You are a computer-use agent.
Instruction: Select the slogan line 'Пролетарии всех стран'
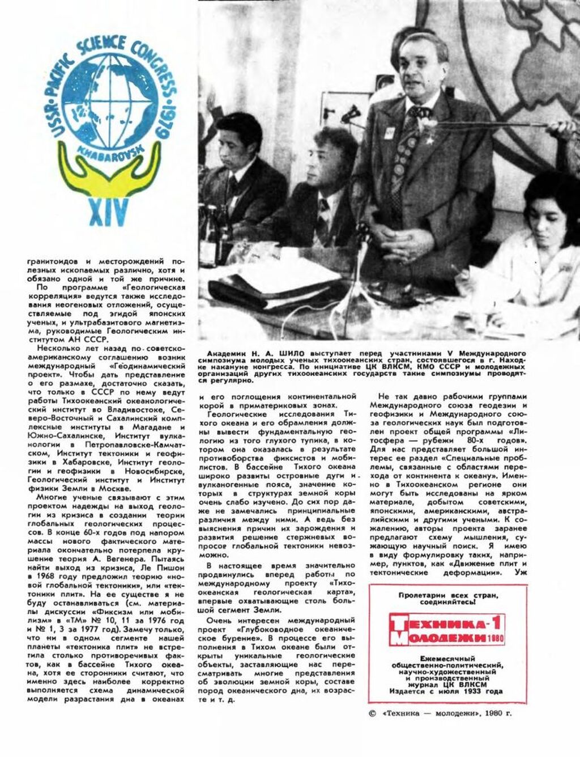coord(447,595)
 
